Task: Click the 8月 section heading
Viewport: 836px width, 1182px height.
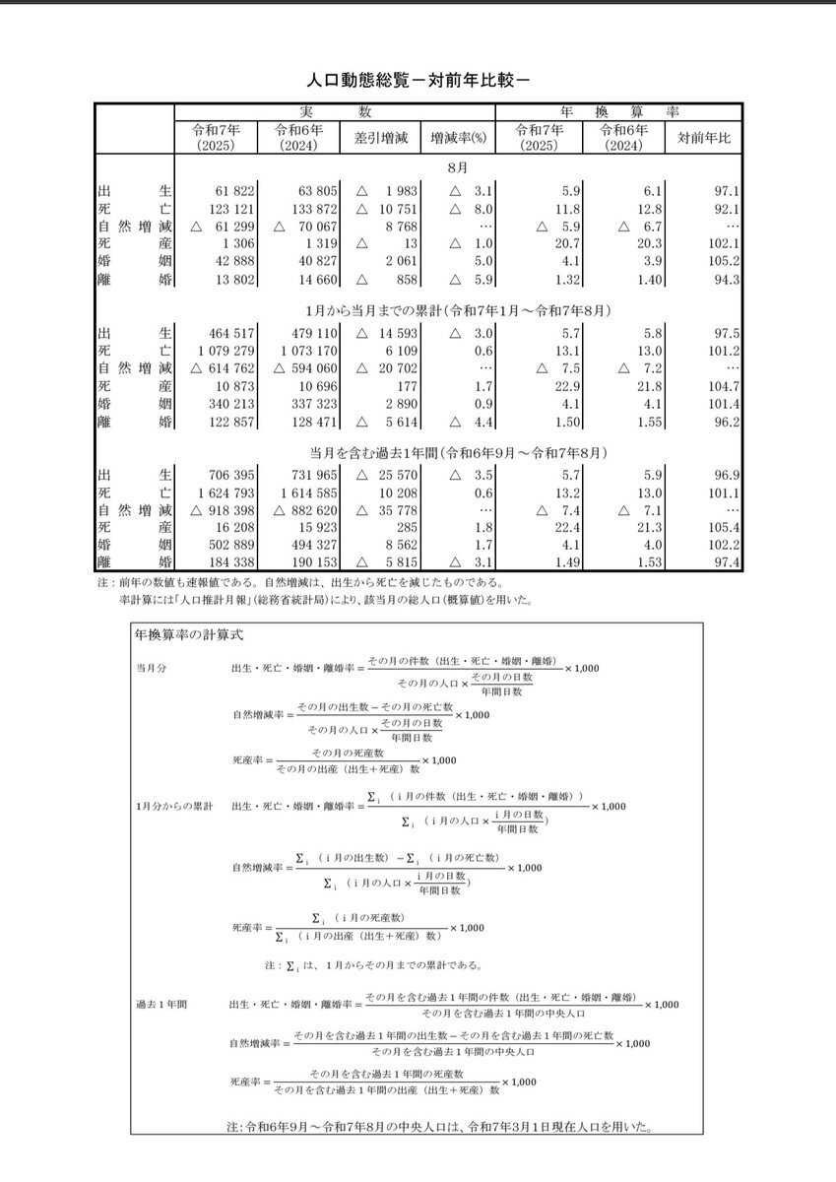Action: (457, 167)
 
